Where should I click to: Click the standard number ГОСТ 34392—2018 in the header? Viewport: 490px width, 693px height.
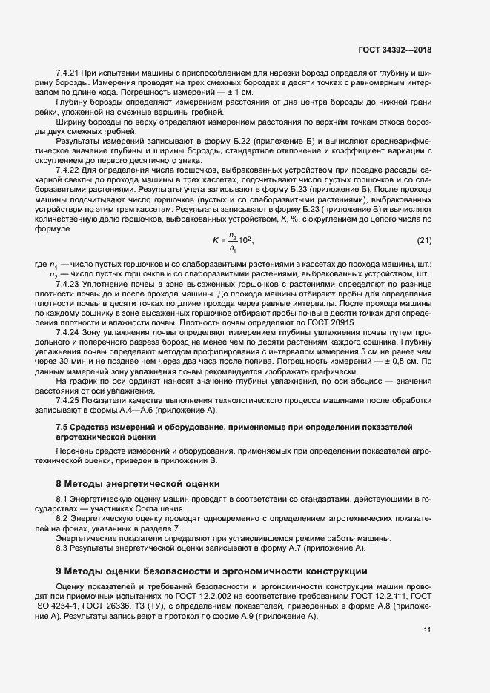394,50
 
